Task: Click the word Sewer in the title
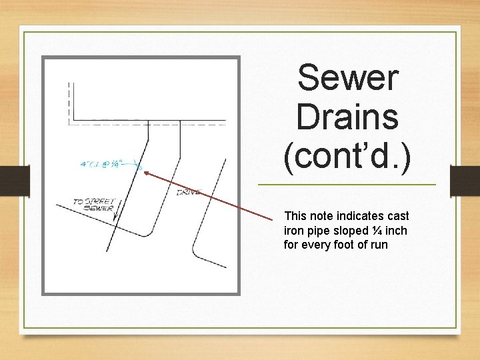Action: point(347,78)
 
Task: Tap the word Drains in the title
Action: point(347,118)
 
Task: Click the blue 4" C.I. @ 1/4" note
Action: point(106,163)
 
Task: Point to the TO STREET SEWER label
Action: point(94,204)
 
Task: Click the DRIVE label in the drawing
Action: point(188,193)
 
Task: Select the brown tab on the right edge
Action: point(465,181)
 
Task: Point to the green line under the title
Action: point(347,185)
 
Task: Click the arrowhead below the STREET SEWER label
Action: point(115,217)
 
